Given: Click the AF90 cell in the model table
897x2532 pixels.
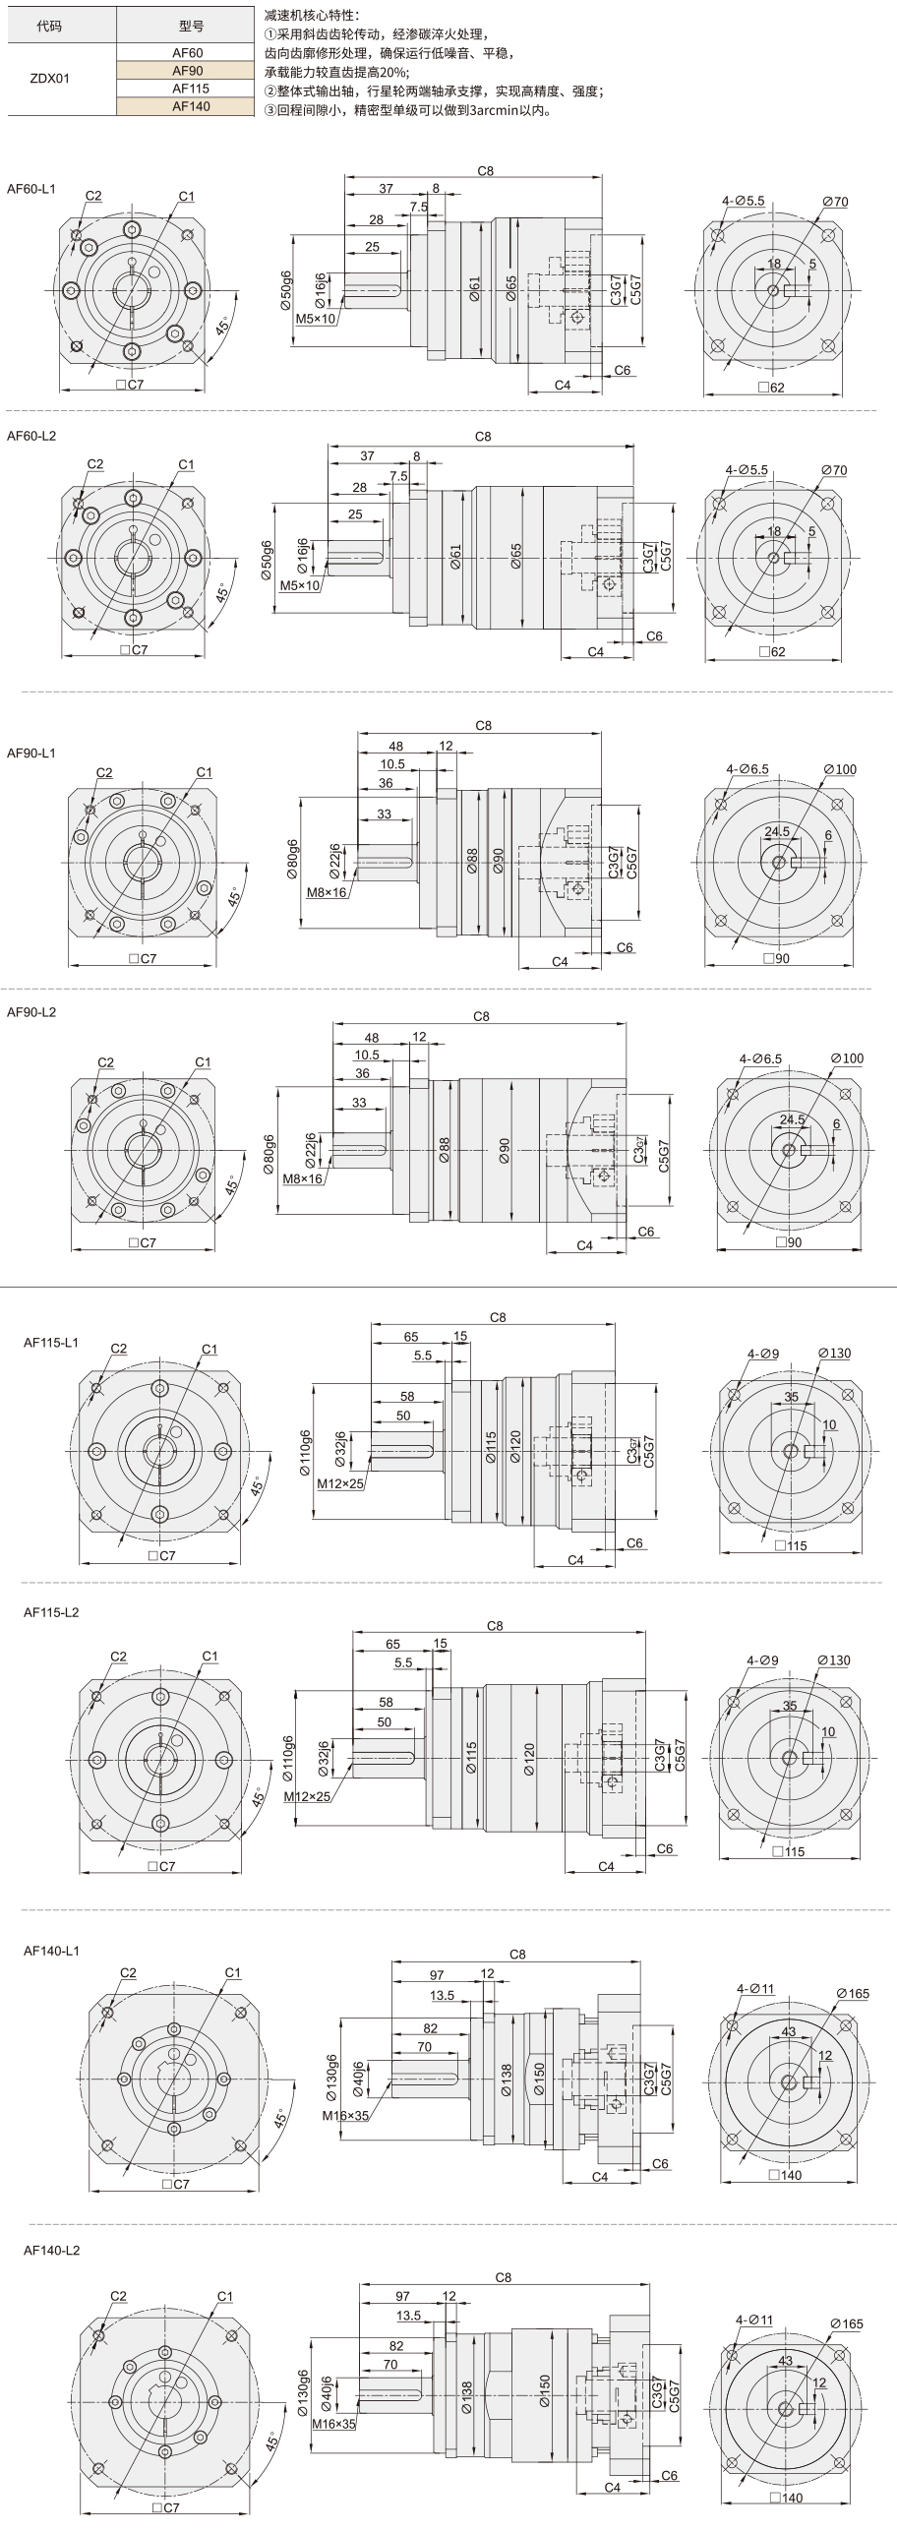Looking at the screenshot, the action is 187,71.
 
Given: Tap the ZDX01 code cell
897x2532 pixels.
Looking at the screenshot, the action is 50,79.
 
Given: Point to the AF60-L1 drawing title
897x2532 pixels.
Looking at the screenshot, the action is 31,188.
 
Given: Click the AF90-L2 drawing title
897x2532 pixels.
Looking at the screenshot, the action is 31,1011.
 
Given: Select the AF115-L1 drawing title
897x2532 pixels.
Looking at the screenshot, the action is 51,1342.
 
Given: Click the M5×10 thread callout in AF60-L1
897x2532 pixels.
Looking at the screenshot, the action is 316,319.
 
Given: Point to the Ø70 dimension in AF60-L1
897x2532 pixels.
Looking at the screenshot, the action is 835,202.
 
